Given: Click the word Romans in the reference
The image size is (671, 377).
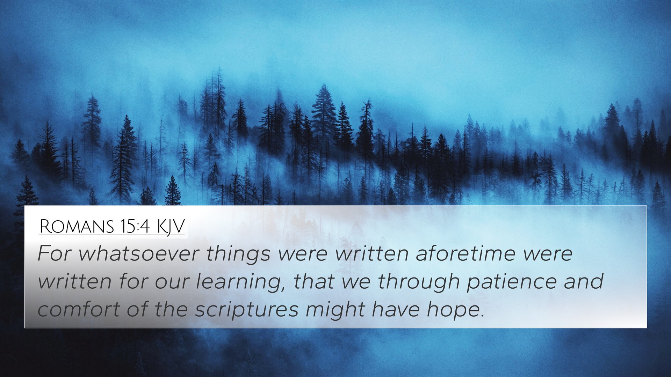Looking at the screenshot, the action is (77, 227).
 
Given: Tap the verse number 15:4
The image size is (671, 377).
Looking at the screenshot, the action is (136, 227).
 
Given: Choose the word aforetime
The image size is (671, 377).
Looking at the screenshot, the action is (466, 254).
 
